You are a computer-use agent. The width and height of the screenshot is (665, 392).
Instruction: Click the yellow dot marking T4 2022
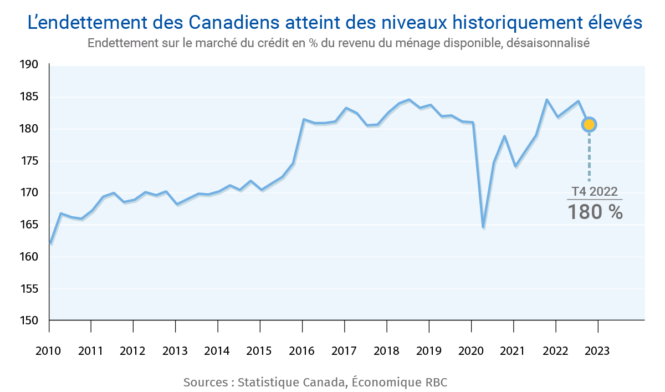[589, 125]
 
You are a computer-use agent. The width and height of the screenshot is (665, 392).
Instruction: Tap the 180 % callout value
[595, 212]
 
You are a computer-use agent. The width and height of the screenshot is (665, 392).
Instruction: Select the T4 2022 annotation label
[595, 191]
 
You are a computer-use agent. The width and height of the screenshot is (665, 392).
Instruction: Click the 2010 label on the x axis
[49, 352]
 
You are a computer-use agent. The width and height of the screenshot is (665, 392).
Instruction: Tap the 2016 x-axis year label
[302, 352]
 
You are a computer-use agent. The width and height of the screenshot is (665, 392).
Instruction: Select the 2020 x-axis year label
[471, 352]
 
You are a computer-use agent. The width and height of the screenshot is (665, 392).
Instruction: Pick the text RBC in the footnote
[436, 383]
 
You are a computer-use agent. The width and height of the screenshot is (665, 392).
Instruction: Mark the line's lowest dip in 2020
[483, 227]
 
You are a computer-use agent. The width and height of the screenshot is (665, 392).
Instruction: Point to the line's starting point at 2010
[50, 243]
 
